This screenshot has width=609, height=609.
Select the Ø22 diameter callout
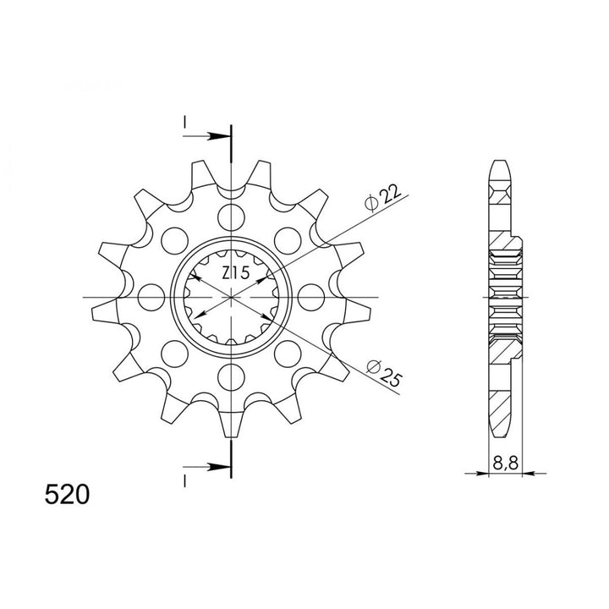[381, 196]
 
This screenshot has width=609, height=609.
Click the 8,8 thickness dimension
[504, 463]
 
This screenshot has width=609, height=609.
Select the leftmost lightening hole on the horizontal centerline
[151, 297]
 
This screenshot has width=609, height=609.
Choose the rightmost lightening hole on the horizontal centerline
[312, 297]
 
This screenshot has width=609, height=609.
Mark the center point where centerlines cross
[231, 297]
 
